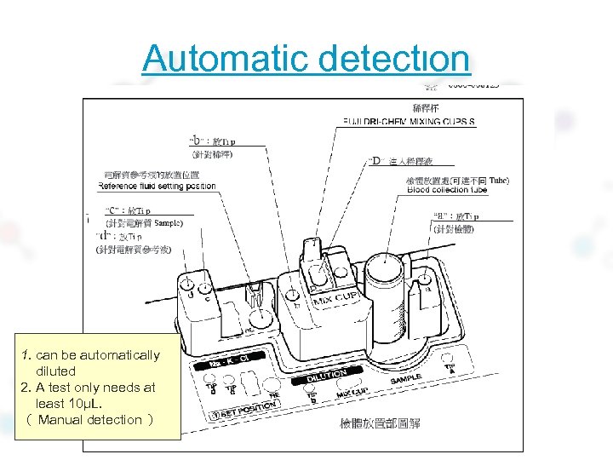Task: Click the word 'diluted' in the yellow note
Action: [55, 371]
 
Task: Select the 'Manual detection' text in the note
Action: [90, 419]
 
